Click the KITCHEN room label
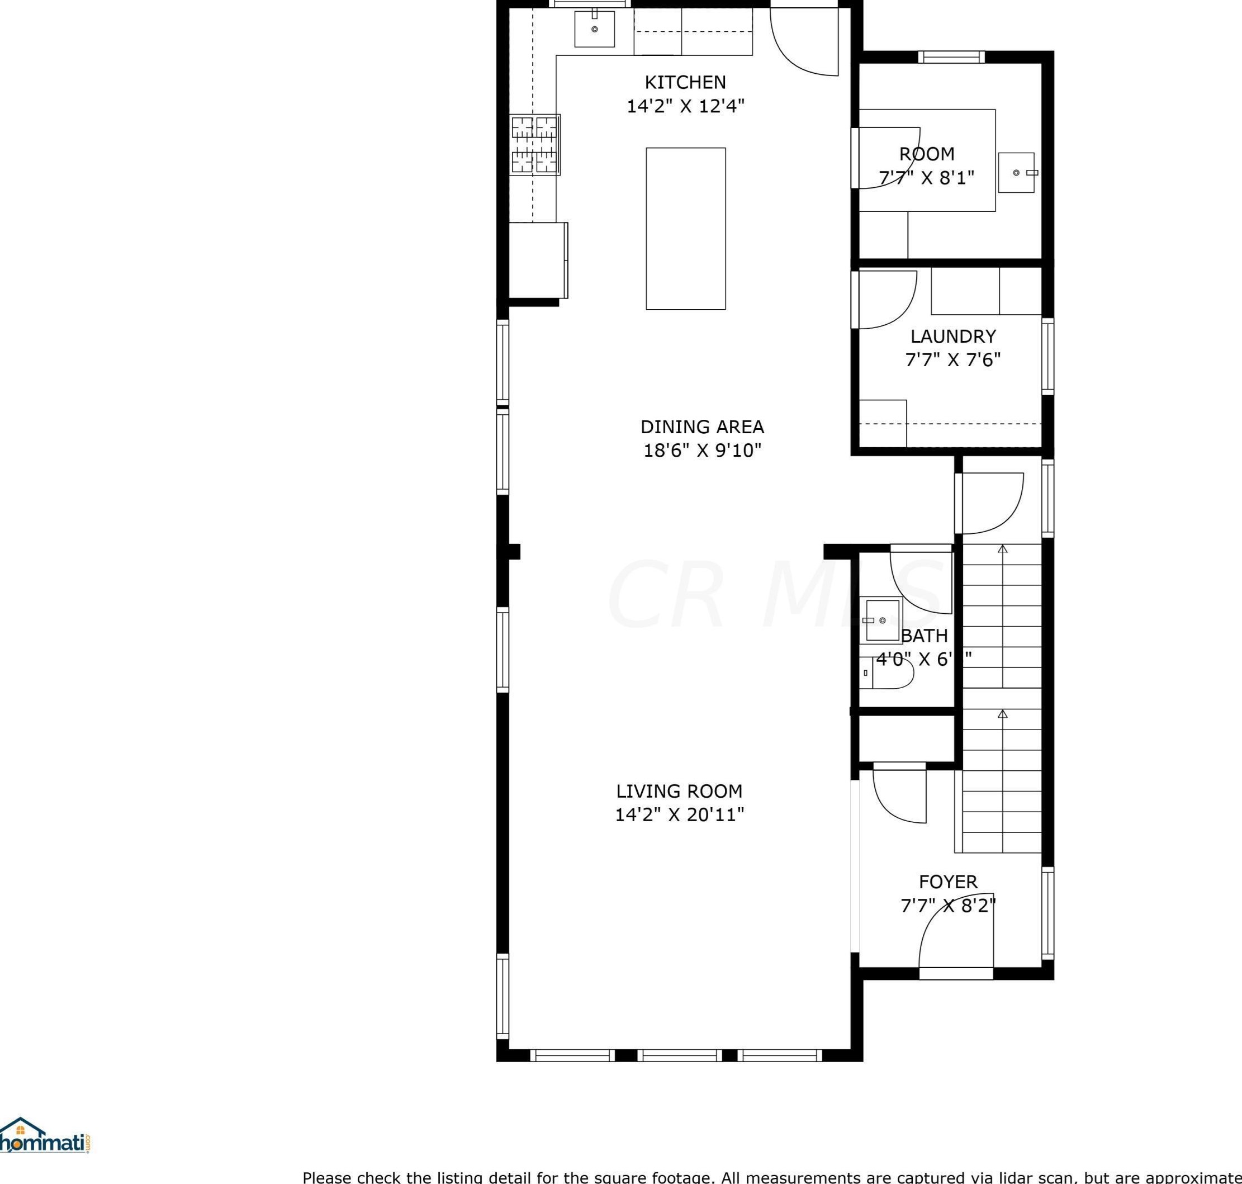685,82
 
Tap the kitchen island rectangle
685,229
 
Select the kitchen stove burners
535,145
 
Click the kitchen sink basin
594,29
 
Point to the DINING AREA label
702,427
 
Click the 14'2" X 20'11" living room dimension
680,815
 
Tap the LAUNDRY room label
952,336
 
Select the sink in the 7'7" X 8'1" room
1016,172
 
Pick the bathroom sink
881,621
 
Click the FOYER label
948,882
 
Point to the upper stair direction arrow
1002,549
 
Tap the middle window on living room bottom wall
679,1055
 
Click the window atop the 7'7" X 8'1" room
951,57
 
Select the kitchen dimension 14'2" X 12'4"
685,106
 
